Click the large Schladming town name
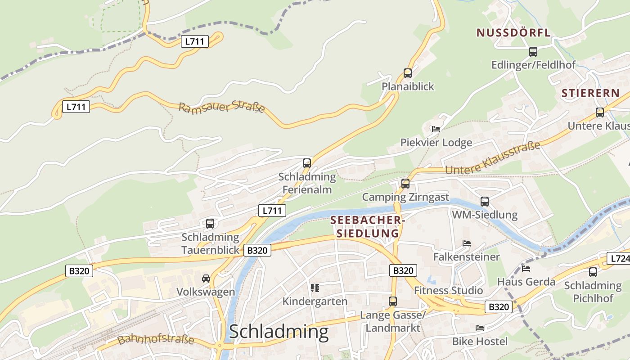coord(279,332)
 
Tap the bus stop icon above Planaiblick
coord(408,73)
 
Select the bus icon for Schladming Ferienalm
coord(307,163)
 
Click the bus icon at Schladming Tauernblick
coord(210,223)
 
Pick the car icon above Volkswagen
coord(206,279)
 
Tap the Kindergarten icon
coord(315,288)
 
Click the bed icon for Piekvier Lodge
coord(436,129)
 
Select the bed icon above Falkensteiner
coord(467,243)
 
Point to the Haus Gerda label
coord(526,282)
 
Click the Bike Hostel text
coord(480,341)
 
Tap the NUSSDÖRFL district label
coord(513,33)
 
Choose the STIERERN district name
coord(590,94)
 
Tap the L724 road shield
coord(618,258)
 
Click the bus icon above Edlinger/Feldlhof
coord(533,52)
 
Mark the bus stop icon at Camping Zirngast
coord(405,184)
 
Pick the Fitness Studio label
coord(448,290)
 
